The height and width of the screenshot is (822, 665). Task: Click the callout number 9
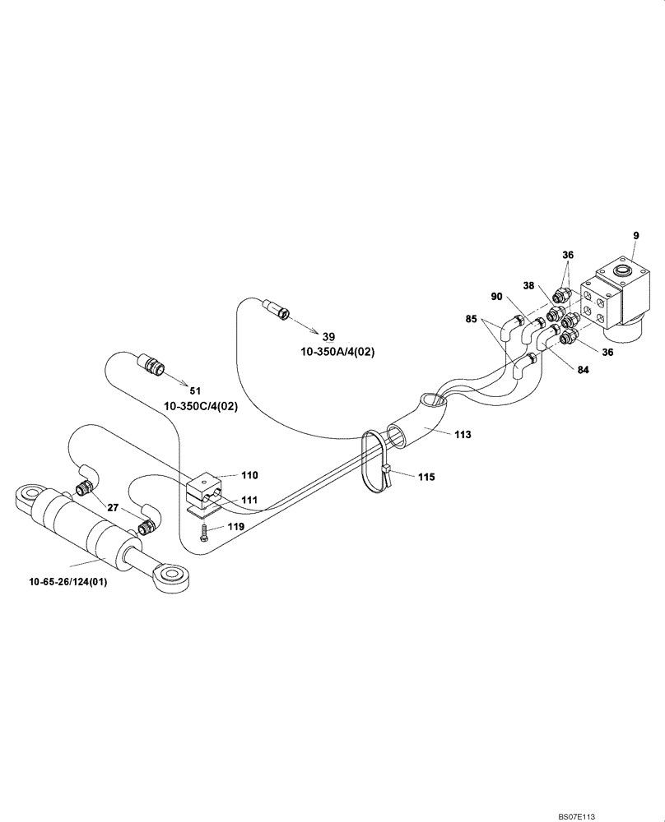coord(635,236)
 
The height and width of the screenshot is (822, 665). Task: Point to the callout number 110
coord(249,475)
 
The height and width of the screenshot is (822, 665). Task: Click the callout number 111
coord(249,500)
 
